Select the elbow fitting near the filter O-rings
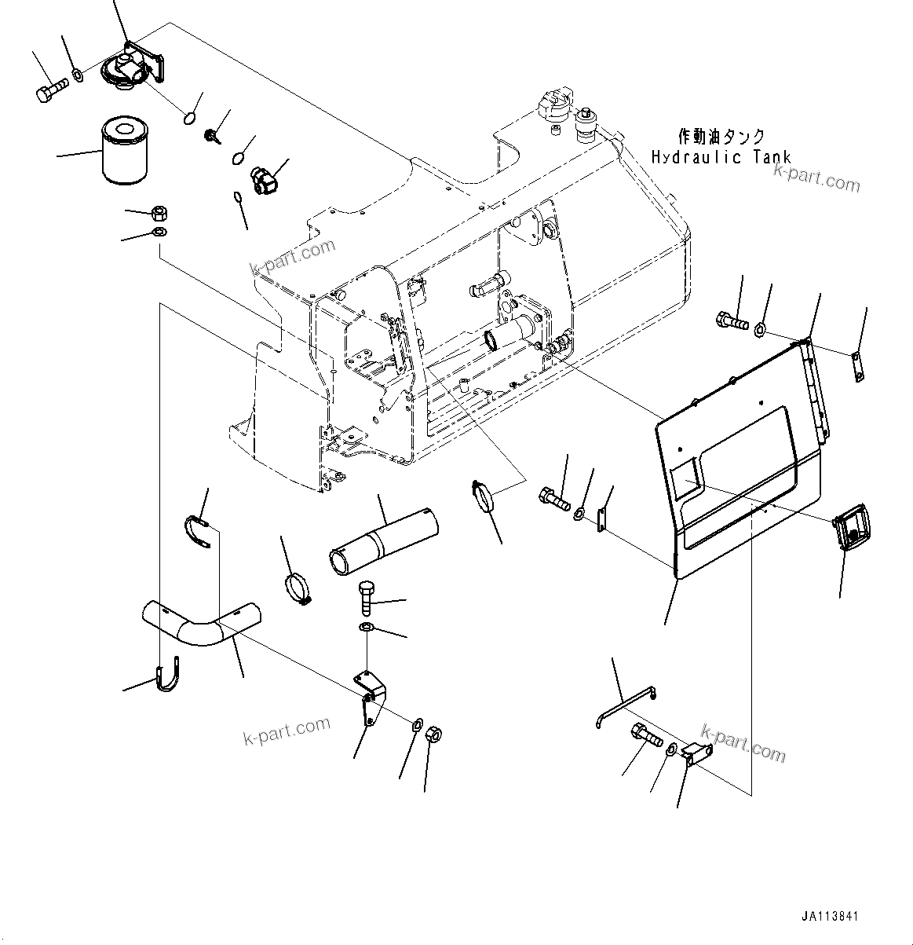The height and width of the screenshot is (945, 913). click(x=263, y=178)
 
